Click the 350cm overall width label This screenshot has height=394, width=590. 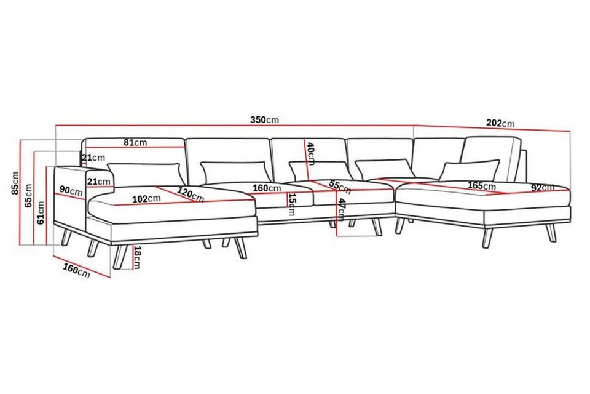pos(264,119)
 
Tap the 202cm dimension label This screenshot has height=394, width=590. pos(500,123)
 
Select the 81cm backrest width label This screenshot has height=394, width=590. pos(135,143)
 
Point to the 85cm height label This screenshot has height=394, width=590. pos(15,183)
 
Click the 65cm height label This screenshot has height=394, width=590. pos(28,196)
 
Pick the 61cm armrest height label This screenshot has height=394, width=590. pos(41,212)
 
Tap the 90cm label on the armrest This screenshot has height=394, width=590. pos(71,191)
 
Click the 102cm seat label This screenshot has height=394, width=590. pos(146,198)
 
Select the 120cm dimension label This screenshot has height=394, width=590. pos(191,195)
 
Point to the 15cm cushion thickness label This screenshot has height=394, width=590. pos(291,204)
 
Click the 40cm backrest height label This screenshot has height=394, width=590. pos(311,153)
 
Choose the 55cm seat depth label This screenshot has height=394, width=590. pos(340,187)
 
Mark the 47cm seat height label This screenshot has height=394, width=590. pos(341,210)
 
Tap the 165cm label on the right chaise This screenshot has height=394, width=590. pos(482,186)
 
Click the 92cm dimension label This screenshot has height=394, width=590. pos(543,187)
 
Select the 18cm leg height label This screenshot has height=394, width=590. pos(137,257)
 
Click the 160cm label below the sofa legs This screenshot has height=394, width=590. pos(76,271)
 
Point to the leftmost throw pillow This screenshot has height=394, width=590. pos(144,175)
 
